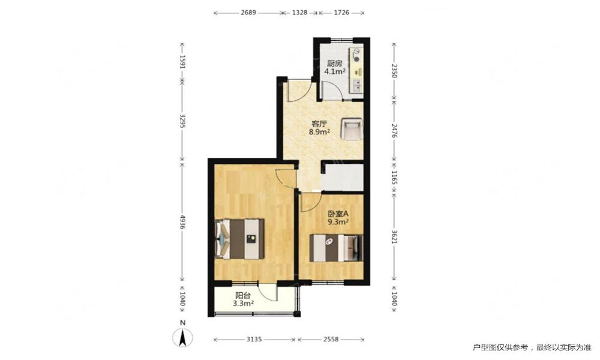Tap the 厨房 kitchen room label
(x=334, y=64)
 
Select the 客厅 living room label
(x=319, y=124)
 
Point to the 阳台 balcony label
(x=243, y=295)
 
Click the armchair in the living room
(x=352, y=129)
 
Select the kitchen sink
(x=357, y=86)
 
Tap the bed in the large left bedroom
(x=240, y=239)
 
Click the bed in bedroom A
(x=336, y=248)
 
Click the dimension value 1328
(x=299, y=13)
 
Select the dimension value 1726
(x=341, y=13)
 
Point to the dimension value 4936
(x=182, y=222)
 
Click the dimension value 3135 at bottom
(x=254, y=340)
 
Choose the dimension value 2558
(x=331, y=340)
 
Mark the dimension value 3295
(x=182, y=121)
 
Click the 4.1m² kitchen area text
(x=335, y=71)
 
